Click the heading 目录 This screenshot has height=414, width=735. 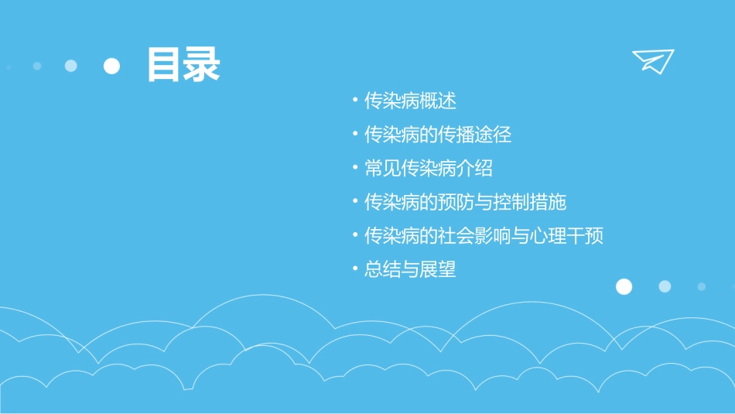183,65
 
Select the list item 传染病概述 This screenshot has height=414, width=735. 411,101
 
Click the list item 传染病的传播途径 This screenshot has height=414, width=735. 438,135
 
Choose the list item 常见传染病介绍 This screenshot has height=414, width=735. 429,168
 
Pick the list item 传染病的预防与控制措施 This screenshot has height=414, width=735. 466,202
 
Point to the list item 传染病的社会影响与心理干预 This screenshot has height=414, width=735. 484,235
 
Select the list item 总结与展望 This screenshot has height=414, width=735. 411,269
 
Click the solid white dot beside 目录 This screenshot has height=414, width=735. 112,67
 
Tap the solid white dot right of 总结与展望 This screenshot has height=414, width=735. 624,286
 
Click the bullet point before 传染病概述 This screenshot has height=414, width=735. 354,101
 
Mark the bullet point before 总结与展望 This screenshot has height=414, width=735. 354,269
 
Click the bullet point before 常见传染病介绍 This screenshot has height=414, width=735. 354,168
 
